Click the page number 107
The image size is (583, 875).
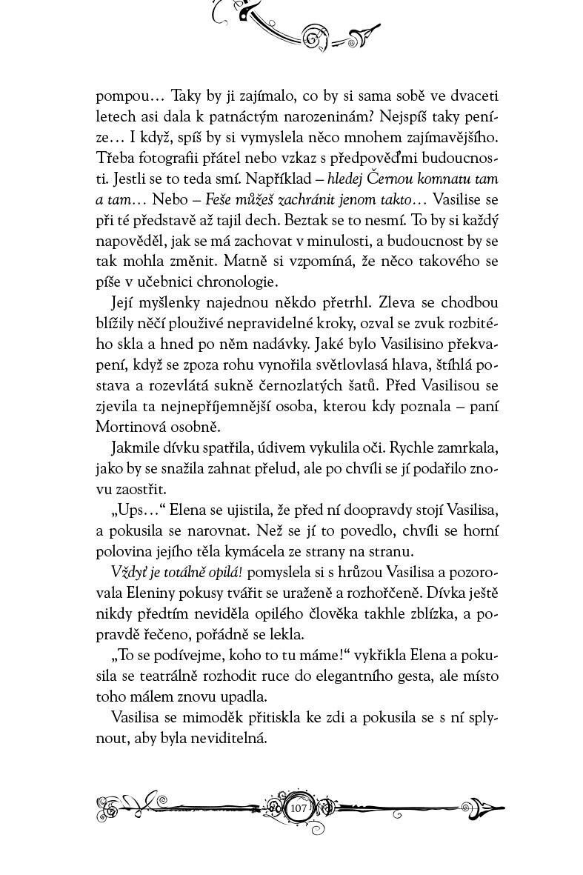tap(299, 808)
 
